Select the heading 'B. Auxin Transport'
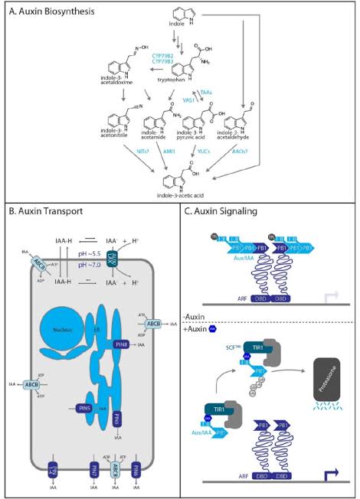[x=47, y=210]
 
